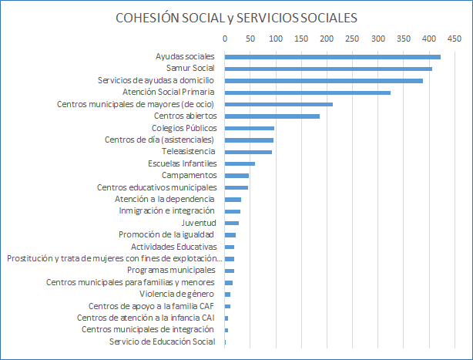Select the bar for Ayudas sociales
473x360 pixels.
(332, 56)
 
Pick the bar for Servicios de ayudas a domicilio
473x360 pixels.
(324, 80)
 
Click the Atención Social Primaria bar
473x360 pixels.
(307, 93)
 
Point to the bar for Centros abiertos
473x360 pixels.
(272, 116)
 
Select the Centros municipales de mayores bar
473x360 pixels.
(278, 104)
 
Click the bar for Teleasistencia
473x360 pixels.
(248, 152)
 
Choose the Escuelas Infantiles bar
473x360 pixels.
(240, 163)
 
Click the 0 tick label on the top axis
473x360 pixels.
(225, 38)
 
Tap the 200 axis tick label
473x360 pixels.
(327, 38)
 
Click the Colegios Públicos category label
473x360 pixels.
(184, 128)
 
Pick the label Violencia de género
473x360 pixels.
(178, 294)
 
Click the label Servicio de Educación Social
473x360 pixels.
(163, 341)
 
